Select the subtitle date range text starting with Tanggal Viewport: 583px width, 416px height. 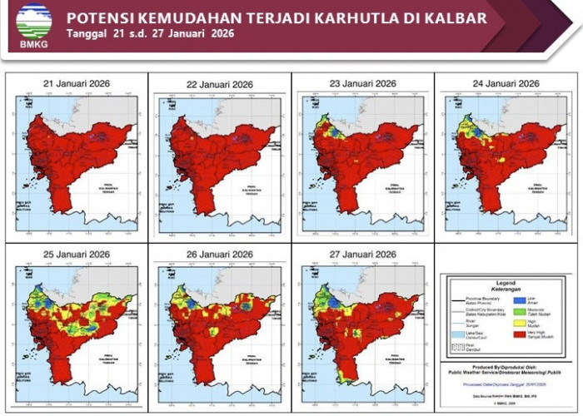tap(150, 33)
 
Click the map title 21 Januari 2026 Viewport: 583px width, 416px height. tap(77, 83)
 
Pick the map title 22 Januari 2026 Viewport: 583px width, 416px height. tap(220, 83)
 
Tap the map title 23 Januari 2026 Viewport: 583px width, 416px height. tap(362, 83)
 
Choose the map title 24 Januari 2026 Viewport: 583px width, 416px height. tap(506, 83)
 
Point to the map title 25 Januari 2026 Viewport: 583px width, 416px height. tap(77, 253)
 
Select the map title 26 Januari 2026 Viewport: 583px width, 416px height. tap(220, 253)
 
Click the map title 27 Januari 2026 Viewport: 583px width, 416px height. tap(362, 253)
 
